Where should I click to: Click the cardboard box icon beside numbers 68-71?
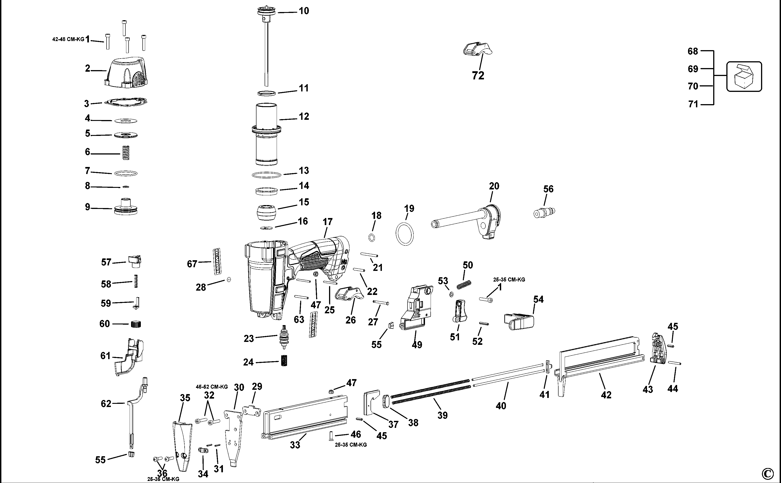(x=744, y=77)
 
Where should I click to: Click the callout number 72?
(x=478, y=76)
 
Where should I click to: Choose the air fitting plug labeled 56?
(x=544, y=212)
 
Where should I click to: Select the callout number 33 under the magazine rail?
(x=295, y=445)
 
